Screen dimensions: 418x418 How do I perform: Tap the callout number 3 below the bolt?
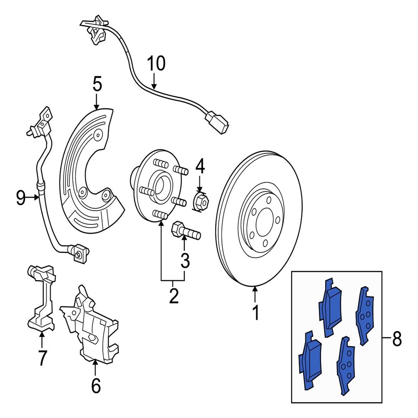pos(185,261)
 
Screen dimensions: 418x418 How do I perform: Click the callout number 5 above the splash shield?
pos(97,84)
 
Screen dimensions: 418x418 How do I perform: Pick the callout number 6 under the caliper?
pos(96,385)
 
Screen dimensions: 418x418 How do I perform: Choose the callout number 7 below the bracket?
pos(42,358)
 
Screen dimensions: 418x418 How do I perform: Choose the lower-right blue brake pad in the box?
pos(346,365)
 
